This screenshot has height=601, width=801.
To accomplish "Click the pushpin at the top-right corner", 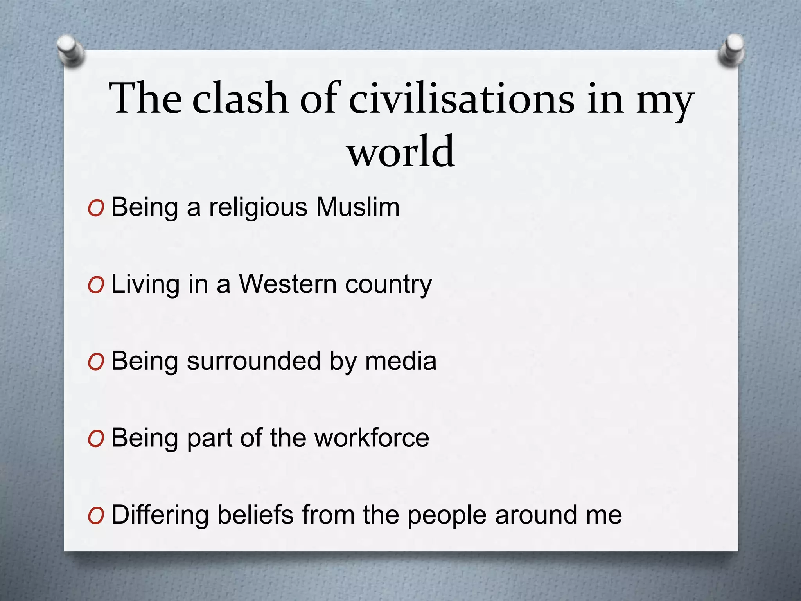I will coord(731,50).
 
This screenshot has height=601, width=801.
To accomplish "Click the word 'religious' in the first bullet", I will coord(258,207).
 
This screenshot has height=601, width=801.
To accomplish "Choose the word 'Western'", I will coord(287,284).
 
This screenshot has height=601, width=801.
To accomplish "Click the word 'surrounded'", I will coord(254,360).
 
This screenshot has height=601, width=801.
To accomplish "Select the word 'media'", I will coord(400,360).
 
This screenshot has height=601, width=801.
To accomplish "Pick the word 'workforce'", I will coord(372,437).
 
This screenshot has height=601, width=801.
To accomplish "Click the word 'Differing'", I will coord(160,515).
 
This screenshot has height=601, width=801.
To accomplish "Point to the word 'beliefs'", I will coord(255,514).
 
